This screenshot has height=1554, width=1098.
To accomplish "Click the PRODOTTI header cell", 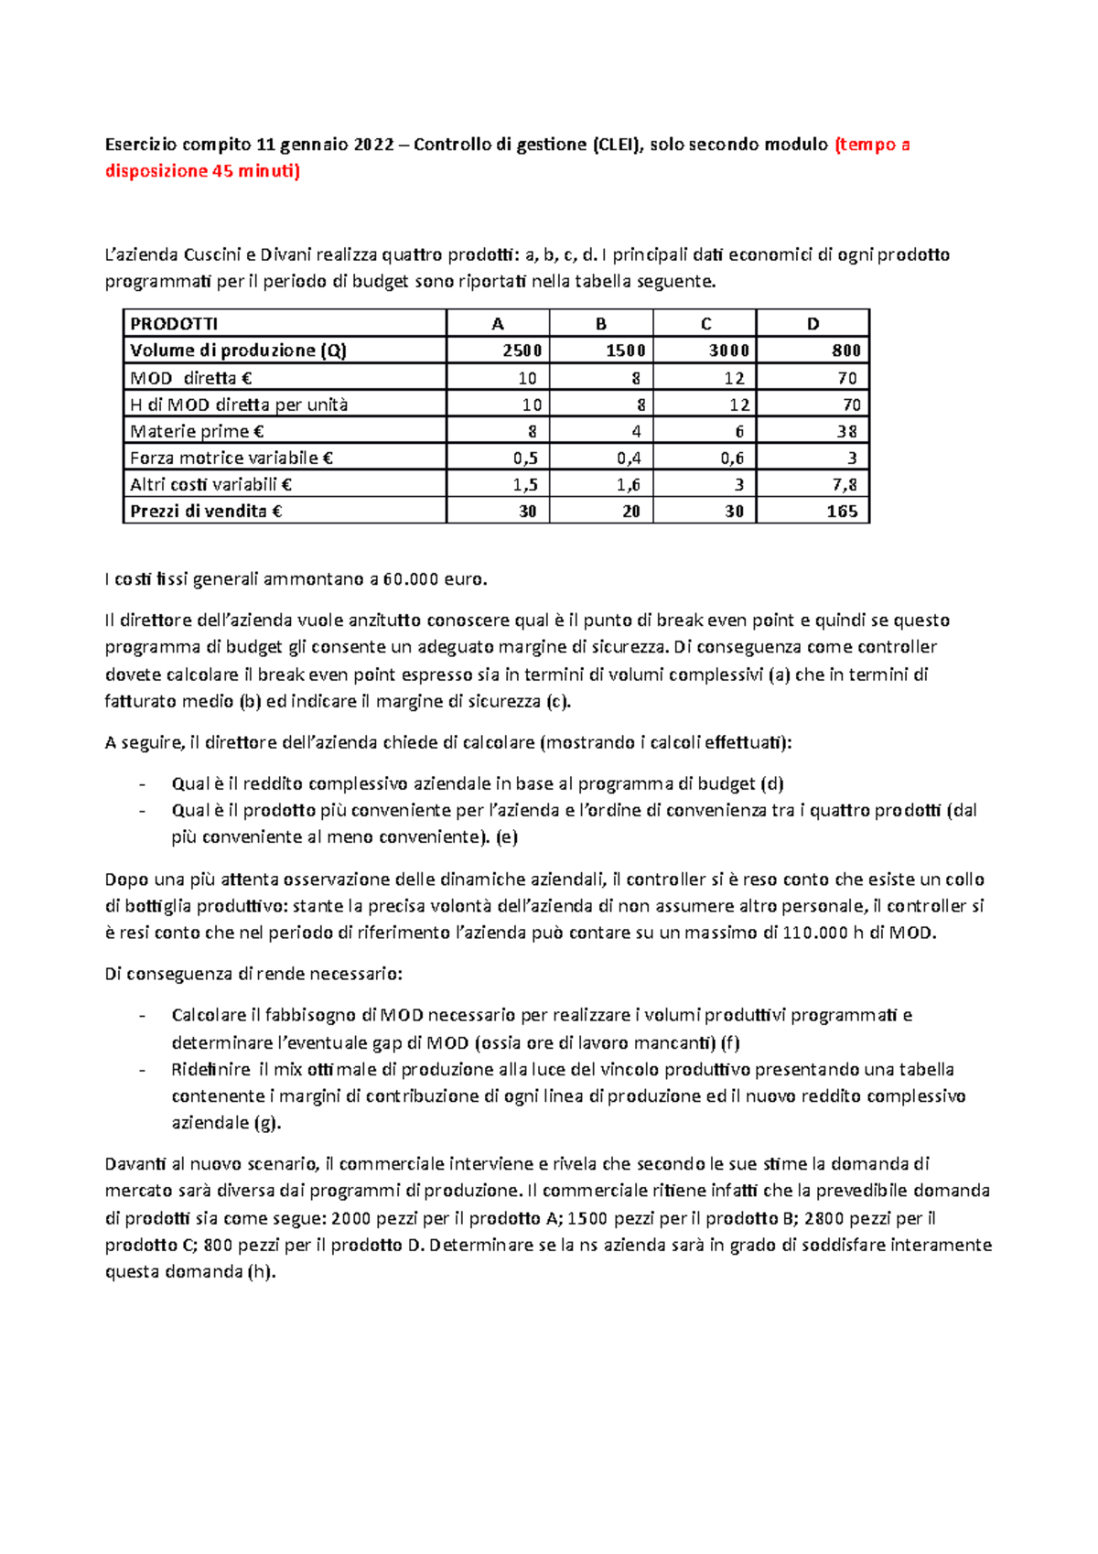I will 174,323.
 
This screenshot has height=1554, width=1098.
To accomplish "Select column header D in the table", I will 813,323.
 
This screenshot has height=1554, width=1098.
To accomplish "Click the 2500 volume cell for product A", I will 522,351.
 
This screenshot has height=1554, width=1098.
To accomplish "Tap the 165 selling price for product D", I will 842,512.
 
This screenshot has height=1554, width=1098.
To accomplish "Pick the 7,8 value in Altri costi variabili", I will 845,485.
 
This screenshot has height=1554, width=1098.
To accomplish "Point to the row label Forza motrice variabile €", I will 231,459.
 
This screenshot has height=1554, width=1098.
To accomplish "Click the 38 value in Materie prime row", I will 847,431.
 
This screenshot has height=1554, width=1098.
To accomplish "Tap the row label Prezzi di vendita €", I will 206,512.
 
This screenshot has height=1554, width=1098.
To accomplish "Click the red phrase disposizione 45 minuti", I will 201,171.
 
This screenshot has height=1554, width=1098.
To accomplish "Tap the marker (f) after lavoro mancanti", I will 730,1042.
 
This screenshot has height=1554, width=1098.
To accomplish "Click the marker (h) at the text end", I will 262,1272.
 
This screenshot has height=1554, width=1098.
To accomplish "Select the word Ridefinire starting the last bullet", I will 210,1069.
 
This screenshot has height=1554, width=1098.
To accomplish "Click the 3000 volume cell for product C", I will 729,351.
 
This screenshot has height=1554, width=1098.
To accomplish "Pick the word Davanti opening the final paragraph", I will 135,1164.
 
